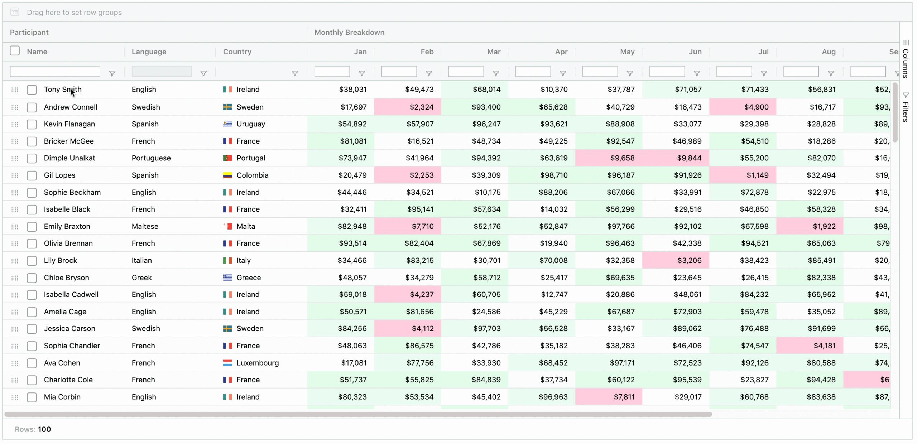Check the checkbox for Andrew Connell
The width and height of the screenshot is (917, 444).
pos(32,107)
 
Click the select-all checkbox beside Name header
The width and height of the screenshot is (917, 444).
pos(15,51)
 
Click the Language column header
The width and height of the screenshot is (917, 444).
pos(149,52)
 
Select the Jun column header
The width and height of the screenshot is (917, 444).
pos(695,52)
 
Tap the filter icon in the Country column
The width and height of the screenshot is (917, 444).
pos(295,73)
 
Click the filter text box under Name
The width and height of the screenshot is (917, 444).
pos(55,72)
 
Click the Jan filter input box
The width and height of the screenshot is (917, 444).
pos(332,72)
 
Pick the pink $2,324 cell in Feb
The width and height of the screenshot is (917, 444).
pos(421,107)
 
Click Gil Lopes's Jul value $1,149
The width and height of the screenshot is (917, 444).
pos(757,175)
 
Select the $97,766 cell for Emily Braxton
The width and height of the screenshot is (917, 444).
pos(620,226)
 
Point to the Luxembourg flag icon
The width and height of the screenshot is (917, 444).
pos(227,363)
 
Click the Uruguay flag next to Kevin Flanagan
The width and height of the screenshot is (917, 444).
pos(227,124)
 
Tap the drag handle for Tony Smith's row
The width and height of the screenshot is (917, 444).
pos(15,90)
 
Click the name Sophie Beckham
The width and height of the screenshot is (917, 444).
pos(72,192)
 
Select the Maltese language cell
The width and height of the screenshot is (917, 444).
pos(145,226)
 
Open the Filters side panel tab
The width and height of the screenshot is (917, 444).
pos(906,107)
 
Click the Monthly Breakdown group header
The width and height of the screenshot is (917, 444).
pos(349,32)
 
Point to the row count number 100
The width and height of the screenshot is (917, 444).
pos(44,429)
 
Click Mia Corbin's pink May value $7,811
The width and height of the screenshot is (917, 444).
pos(624,397)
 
